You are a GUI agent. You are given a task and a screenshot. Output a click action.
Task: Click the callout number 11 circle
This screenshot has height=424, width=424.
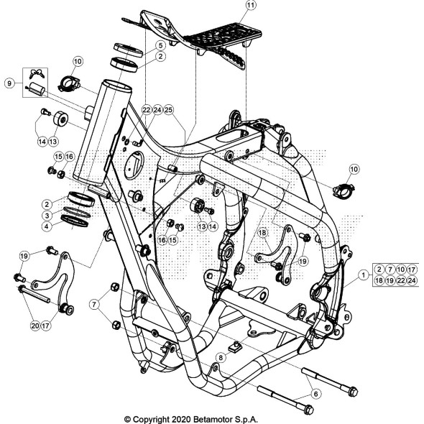pos(230,6)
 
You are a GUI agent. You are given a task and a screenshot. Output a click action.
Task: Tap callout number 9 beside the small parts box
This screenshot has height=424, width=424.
pos(8,83)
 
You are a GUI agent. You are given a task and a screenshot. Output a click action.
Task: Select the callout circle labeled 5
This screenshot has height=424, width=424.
pos(160,45)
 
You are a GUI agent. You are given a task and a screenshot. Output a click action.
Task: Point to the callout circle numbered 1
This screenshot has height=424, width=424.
pos(364,274)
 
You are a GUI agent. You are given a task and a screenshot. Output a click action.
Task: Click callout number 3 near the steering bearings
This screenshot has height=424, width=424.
pos(45,215)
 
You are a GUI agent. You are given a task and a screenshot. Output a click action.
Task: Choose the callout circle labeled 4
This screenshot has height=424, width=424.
pos(45,226)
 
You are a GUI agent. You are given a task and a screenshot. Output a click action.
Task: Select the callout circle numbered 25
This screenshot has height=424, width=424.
pos(169,110)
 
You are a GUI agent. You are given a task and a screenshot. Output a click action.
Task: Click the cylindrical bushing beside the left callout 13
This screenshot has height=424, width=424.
pos(61,118)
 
